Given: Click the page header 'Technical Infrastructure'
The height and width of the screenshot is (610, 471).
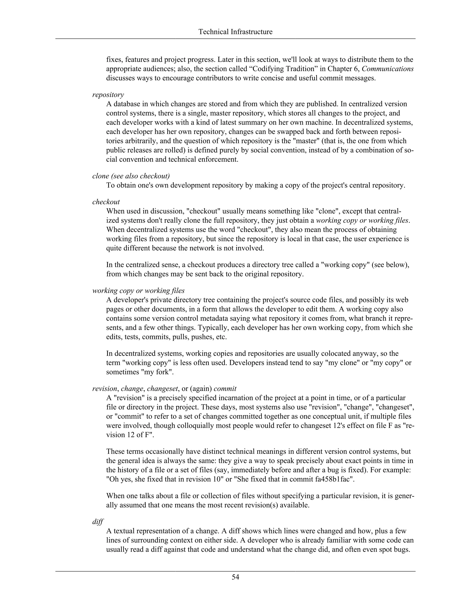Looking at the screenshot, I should point(235,32).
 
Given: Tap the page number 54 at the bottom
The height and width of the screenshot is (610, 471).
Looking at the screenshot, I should point(235,577).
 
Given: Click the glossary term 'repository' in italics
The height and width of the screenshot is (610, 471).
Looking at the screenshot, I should point(108,95).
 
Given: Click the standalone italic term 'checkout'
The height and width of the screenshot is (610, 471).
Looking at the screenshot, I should point(106,202).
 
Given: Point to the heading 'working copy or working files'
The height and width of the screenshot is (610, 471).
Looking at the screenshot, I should point(138,290).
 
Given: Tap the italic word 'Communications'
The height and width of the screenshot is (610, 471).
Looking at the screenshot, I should point(388,69).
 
